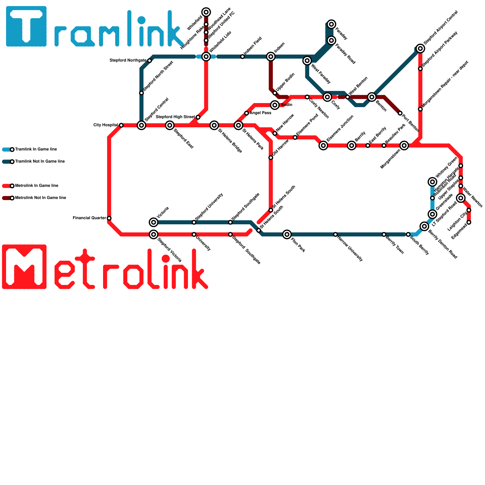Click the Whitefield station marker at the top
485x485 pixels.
pyautogui.click(x=206, y=12)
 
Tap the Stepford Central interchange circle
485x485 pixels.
pyautogui.click(x=142, y=125)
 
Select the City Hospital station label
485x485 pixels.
pyautogui.click(x=105, y=125)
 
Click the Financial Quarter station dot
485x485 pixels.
pyautogui.click(x=109, y=218)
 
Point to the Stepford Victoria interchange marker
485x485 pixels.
pyautogui.click(x=154, y=234)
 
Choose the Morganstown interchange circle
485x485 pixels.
pyautogui.click(x=404, y=145)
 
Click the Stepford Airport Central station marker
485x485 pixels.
pyautogui.click(x=420, y=48)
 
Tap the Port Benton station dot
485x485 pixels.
pyautogui.click(x=400, y=113)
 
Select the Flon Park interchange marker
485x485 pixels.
pyautogui.click(x=287, y=234)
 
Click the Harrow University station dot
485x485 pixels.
pyautogui.click(x=335, y=234)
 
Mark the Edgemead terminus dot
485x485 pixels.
pyautogui.click(x=469, y=222)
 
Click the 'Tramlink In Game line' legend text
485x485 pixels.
pyautogui.click(x=36, y=149)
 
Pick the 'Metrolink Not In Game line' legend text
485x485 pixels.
pyautogui.click(x=40, y=198)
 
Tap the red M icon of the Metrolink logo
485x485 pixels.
pyautogui.click(x=24, y=267)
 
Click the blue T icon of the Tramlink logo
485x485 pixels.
pyautogui.click(x=26, y=26)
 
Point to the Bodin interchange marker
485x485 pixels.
pyautogui.click(x=275, y=105)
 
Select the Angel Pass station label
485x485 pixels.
pyautogui.click(x=260, y=113)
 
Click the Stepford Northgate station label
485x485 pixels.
pyautogui.click(x=128, y=61)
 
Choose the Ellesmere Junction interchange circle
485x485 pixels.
pyautogui.click(x=323, y=145)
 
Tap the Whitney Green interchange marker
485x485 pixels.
pyautogui.click(x=433, y=182)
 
